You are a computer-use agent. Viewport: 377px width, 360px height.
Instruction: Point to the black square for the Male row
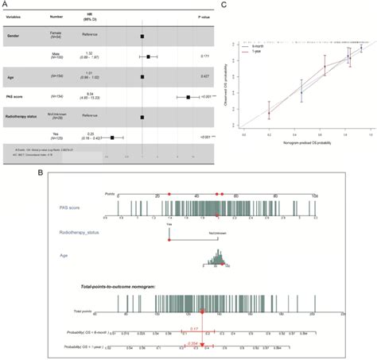[148, 56]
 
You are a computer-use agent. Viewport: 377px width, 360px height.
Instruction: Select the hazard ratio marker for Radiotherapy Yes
[113, 137]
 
